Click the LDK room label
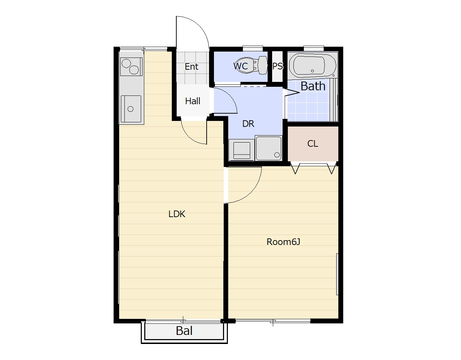point(177,214)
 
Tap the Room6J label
point(283,242)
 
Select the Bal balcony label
point(184,331)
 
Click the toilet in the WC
point(252,65)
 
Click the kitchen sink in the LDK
point(131,109)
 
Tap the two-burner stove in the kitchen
point(131,67)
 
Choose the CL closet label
point(313,144)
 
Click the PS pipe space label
point(277,66)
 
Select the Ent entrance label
point(191,67)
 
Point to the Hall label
point(192,101)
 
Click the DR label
point(248,124)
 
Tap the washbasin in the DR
point(269,148)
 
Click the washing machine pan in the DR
point(241,150)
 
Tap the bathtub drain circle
point(312,71)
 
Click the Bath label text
point(313,86)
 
